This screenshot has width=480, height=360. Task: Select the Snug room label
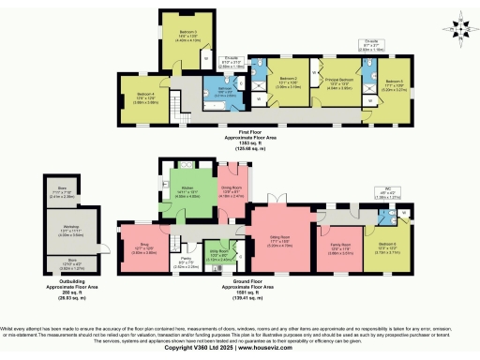pyautogui.click(x=136, y=247)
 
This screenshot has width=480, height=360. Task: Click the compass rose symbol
pyautogui.click(x=455, y=28)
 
